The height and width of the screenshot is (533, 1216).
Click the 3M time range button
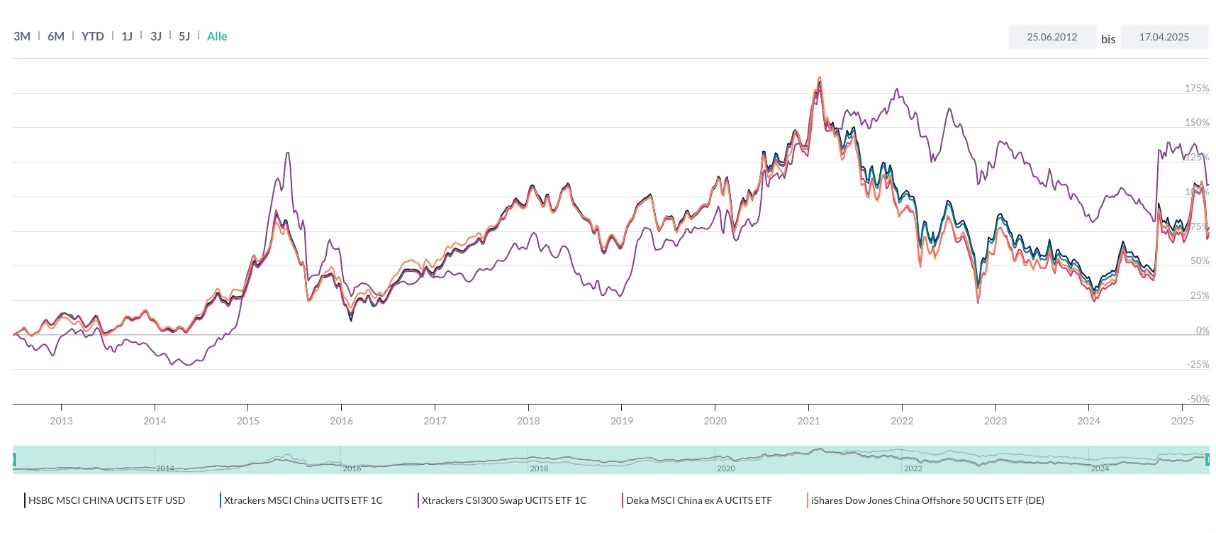coord(22,36)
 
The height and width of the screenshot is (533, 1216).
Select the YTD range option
coord(92,36)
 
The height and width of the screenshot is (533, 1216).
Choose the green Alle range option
coord(217,36)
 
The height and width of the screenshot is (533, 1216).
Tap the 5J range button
coord(184,36)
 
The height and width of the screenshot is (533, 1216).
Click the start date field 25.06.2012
coord(1052,37)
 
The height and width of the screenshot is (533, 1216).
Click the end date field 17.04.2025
coord(1164,37)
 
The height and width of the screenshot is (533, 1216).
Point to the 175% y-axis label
coord(1197,88)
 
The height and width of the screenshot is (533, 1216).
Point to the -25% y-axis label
coord(1198,364)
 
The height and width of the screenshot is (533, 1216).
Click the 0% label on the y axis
coord(1203,330)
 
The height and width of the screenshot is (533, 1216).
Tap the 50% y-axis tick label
coord(1200,260)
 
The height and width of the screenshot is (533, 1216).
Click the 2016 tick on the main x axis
coord(341,421)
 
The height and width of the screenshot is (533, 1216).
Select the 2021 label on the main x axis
coord(808,421)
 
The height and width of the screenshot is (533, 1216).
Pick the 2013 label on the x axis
coord(61,421)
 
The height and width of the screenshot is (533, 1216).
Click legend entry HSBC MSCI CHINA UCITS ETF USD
coord(106,500)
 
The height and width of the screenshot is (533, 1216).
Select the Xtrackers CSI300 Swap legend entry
coord(503,500)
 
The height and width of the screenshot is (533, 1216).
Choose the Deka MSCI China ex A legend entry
coord(698,500)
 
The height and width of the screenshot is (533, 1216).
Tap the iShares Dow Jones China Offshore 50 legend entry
coord(927,500)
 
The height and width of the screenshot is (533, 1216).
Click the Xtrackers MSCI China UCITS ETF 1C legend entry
coord(303,500)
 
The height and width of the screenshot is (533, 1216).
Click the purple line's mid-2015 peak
coord(287,153)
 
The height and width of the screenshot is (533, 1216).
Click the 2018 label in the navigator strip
coord(539,468)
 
